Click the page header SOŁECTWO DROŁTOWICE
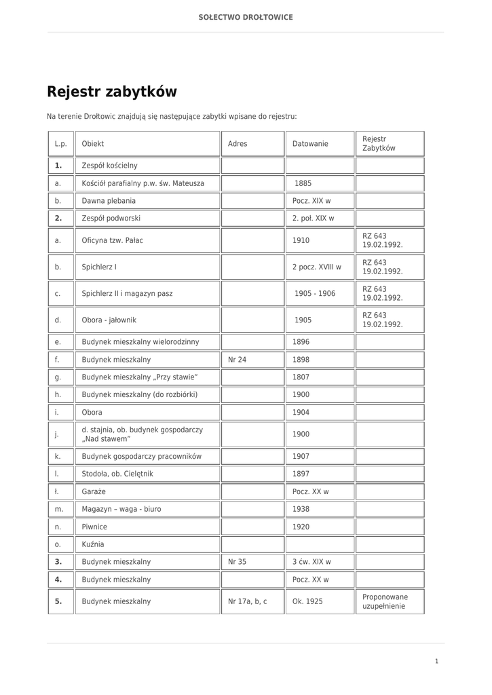(x=246, y=17)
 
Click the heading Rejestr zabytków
(x=112, y=92)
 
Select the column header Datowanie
(x=310, y=144)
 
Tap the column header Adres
(x=238, y=144)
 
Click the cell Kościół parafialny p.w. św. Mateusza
(x=143, y=183)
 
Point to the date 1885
(x=303, y=183)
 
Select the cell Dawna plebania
(x=109, y=201)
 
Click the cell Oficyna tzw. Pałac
(x=113, y=240)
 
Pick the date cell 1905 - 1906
(x=315, y=293)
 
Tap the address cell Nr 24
(x=238, y=360)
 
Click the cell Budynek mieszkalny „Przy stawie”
(x=140, y=377)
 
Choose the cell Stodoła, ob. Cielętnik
(x=117, y=473)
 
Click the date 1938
(x=301, y=508)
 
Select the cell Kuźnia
(x=93, y=544)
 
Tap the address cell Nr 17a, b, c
(x=248, y=601)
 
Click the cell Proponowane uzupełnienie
(x=385, y=601)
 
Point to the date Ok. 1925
(x=308, y=601)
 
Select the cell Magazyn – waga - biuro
(x=121, y=508)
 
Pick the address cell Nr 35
(x=238, y=562)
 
